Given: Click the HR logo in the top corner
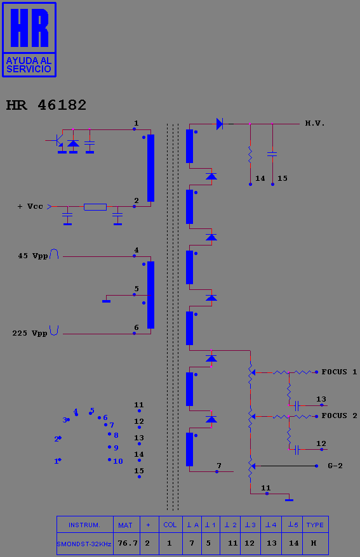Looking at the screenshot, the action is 29,39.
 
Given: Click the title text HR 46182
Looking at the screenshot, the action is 46,105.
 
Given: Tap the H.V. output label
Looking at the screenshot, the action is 315,123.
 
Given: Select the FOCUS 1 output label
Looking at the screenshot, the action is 339,372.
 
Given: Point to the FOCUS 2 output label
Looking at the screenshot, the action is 339,416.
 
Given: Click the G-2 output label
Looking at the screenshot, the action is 335,466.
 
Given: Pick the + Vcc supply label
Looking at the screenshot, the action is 30,206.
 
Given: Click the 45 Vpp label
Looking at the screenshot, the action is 32,256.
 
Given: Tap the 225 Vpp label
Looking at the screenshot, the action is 30,333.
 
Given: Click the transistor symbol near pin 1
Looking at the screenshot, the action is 58,141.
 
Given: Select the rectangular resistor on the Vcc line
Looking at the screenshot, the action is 95,207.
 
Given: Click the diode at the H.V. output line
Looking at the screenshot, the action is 220,124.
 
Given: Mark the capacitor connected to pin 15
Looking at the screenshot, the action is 272,154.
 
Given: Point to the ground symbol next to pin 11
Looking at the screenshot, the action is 290,500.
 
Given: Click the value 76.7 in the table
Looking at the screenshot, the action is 128,543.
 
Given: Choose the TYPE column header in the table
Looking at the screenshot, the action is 315,525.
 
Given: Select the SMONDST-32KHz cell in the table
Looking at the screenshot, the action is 84,544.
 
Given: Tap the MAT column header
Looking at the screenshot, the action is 125,525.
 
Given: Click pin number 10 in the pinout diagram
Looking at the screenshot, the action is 117,461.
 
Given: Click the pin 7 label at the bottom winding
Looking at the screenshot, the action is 219,466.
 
